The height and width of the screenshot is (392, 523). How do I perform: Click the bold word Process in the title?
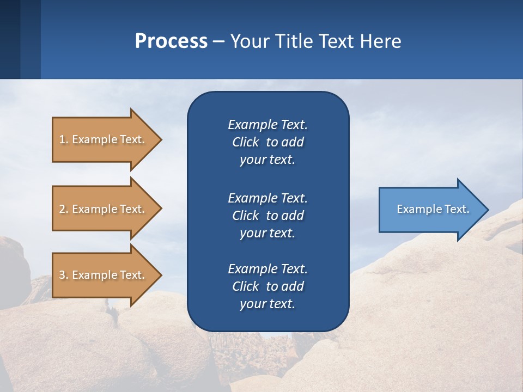tap(171, 41)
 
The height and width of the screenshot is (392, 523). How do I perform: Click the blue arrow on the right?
tap(430, 209)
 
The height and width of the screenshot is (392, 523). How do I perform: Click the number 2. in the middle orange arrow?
tap(64, 209)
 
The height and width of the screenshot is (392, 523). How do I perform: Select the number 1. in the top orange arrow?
tap(64, 139)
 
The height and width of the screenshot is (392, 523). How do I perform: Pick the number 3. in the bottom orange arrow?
tap(64, 275)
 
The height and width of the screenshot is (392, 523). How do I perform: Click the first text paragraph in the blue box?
tap(267, 142)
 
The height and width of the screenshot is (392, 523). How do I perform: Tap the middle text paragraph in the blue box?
tap(267, 215)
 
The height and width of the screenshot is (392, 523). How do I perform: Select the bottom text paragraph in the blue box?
tap(267, 286)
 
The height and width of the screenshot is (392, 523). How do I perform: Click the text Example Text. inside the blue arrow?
tap(433, 209)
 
